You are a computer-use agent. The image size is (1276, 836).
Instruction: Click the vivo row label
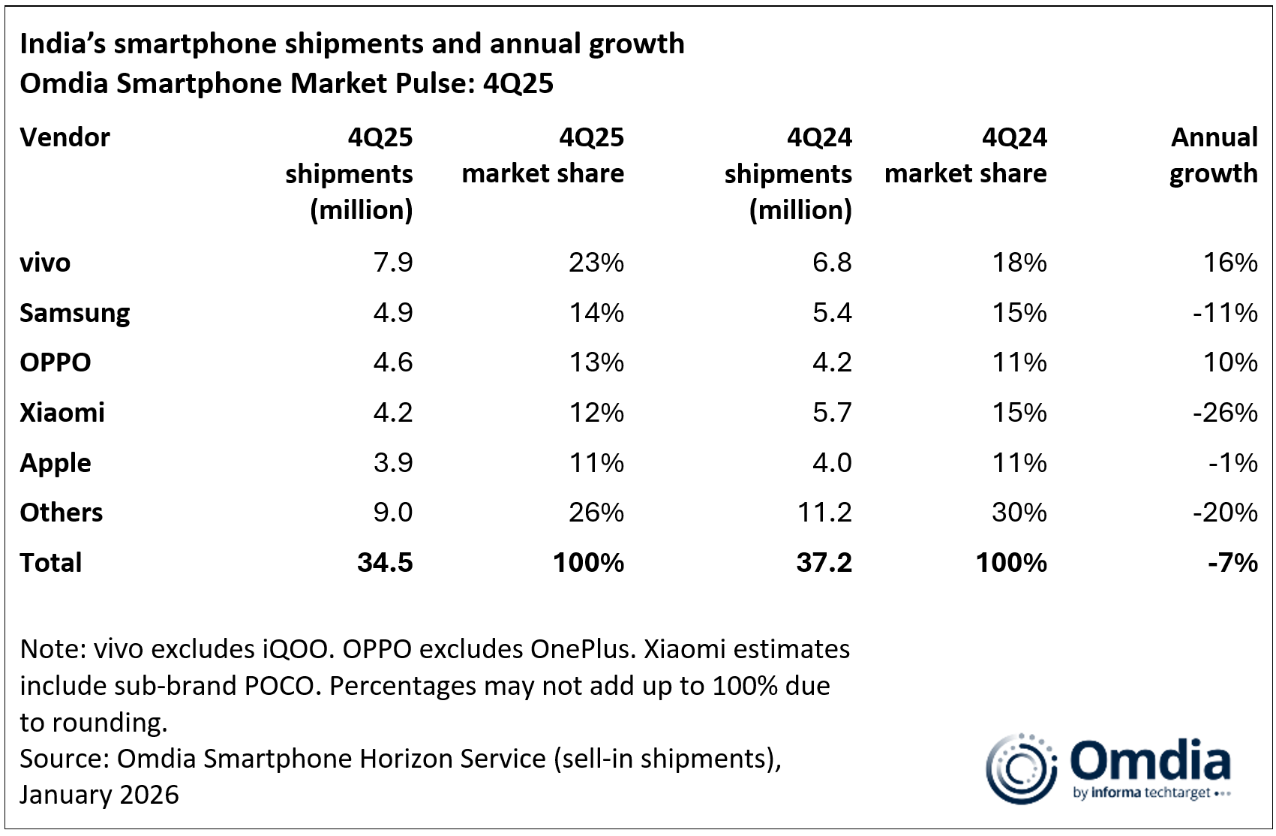tap(45, 263)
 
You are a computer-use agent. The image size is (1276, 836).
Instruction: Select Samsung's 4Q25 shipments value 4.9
tap(393, 313)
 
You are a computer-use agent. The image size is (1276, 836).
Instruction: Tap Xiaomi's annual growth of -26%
tap(1225, 413)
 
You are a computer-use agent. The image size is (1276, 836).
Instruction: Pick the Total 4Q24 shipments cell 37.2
tap(824, 563)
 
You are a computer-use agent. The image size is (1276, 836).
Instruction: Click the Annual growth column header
tap(1214, 155)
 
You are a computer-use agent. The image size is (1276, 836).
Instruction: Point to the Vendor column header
tap(65, 137)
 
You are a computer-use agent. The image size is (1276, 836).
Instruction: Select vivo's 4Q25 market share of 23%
tap(596, 263)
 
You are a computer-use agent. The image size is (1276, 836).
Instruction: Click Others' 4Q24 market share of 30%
tap(1019, 513)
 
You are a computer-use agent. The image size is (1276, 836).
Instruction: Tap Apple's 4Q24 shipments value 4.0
tap(832, 463)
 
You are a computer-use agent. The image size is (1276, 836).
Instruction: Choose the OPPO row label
tap(55, 362)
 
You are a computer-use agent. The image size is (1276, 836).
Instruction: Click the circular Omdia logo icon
tap(1020, 768)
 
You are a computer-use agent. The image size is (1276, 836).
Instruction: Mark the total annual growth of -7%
tap(1232, 563)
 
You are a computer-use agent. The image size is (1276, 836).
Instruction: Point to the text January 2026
tap(100, 795)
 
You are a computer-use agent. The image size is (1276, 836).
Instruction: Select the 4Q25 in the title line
tap(518, 83)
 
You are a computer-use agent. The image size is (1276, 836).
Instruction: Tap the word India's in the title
tap(63, 44)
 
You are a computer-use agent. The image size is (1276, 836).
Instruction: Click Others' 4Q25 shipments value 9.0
tap(393, 513)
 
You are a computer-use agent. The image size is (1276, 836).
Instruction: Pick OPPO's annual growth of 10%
tap(1230, 362)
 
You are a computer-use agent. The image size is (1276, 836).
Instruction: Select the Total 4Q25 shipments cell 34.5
tap(385, 563)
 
